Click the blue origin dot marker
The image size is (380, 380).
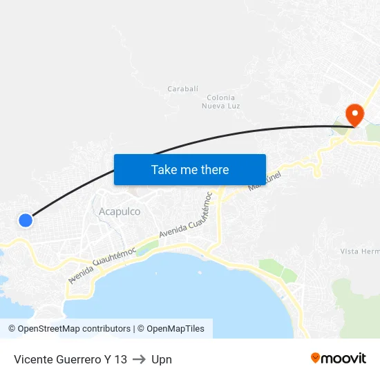pos(26,220)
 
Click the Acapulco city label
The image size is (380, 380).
pos(120,211)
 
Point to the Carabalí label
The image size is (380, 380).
pos(183,89)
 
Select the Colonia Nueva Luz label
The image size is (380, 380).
pos(221,102)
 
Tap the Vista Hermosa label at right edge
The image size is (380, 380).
pos(360,251)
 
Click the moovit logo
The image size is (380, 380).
pos(339,358)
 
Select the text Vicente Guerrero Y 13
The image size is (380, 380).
pos(70,359)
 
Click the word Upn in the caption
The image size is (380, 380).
pos(162,359)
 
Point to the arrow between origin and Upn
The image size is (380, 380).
pos(139,359)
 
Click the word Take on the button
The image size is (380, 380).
pos(164,169)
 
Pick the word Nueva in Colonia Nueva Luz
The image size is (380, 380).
pos(211,106)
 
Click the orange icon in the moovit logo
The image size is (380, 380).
pos(316,358)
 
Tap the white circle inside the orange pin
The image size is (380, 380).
pos(354,111)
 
